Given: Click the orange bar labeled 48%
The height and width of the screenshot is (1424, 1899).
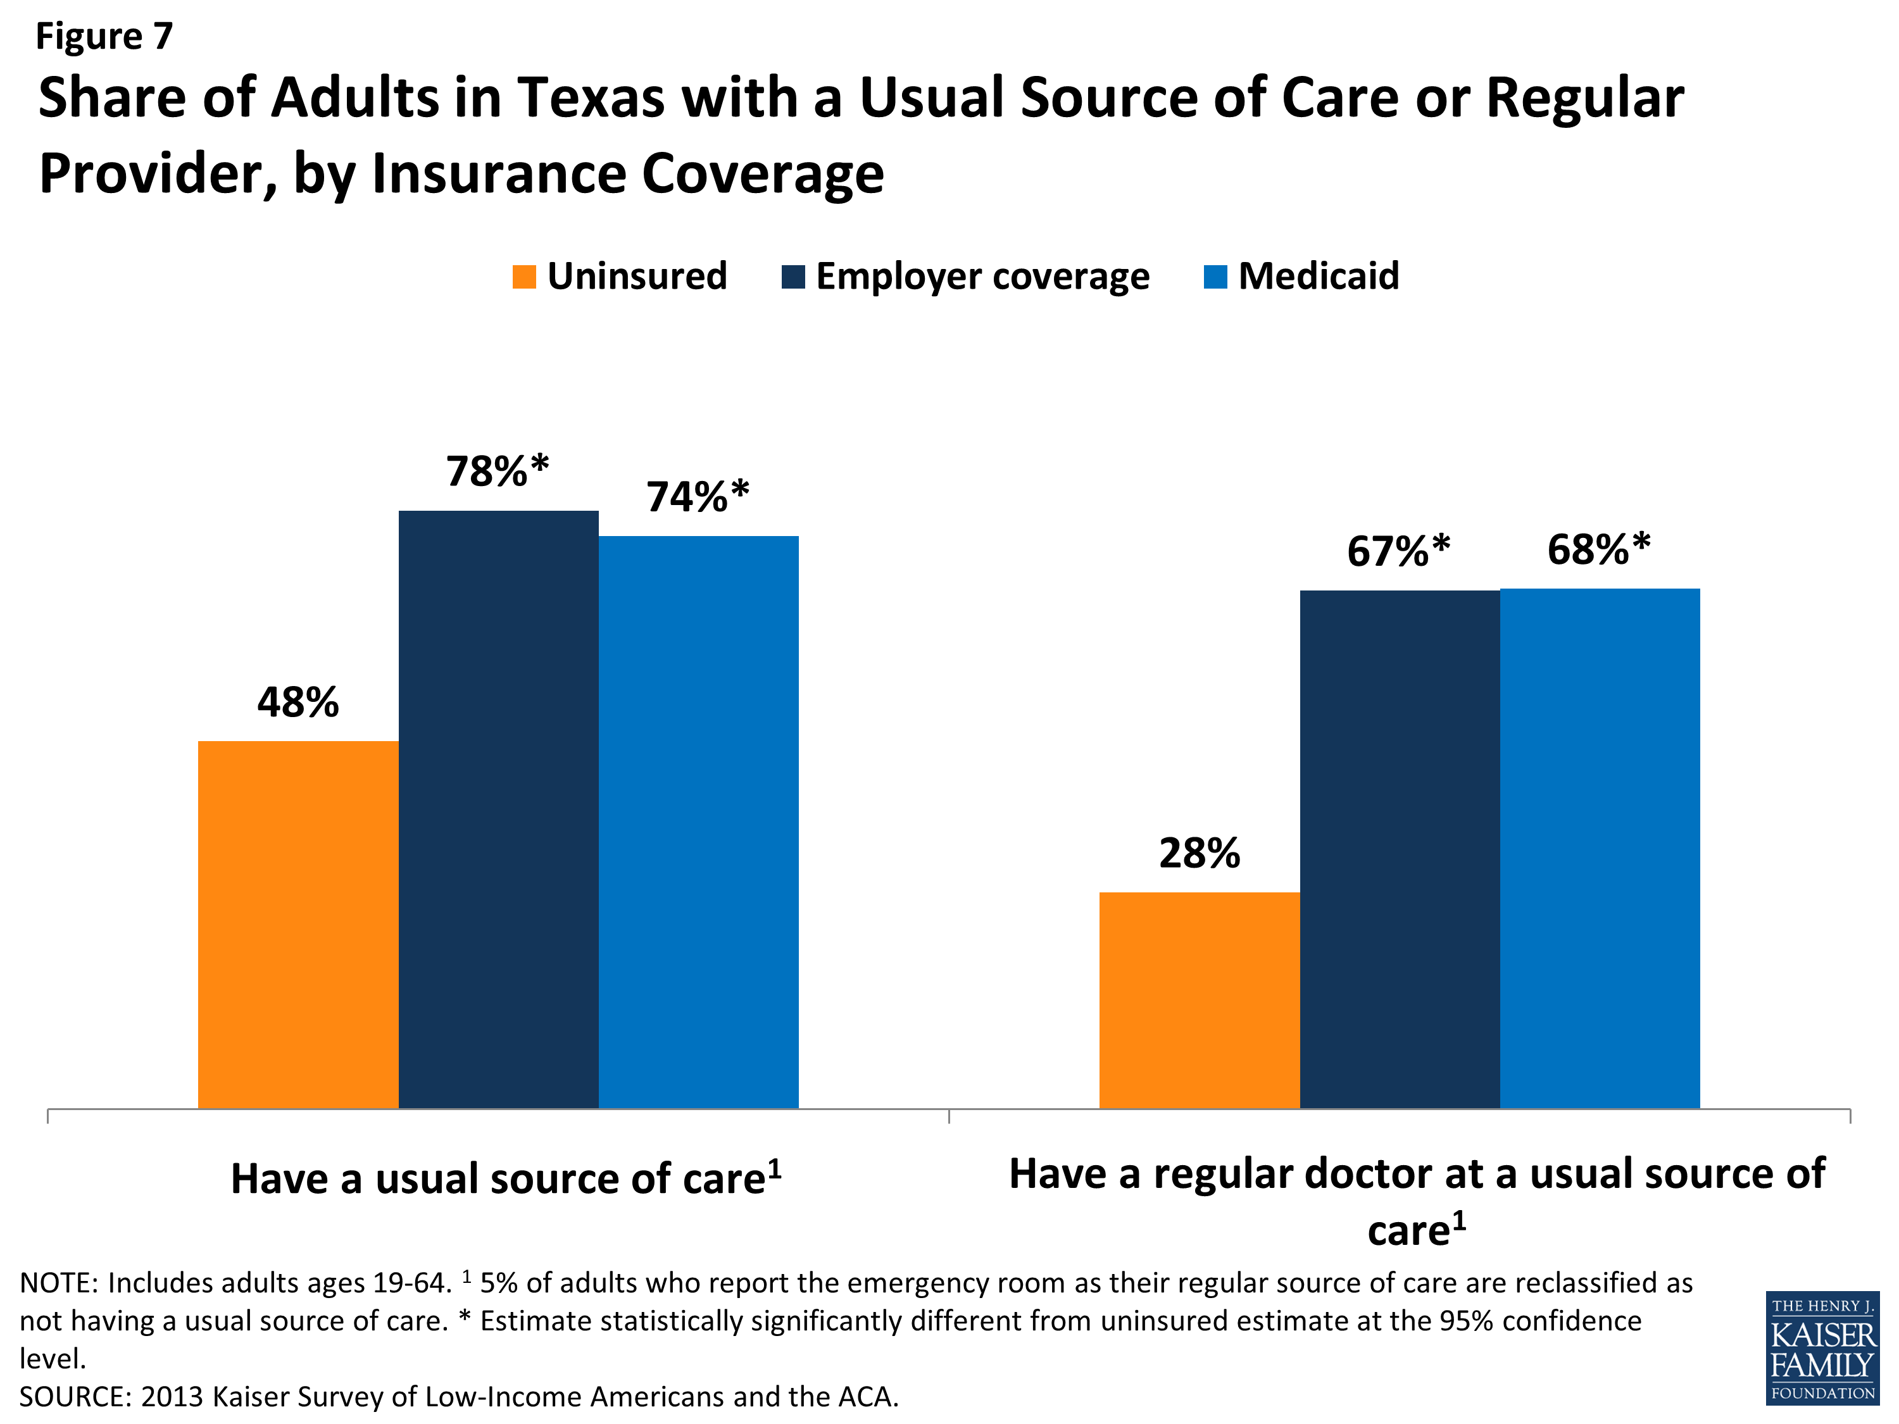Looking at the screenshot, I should [298, 925].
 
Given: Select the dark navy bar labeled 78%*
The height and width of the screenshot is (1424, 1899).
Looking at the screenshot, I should [498, 809].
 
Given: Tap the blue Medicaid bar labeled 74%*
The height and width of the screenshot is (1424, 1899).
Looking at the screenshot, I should [698, 821].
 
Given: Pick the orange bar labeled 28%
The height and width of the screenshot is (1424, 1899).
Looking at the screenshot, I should [1200, 1000].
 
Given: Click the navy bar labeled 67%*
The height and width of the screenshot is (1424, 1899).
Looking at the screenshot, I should [1400, 849].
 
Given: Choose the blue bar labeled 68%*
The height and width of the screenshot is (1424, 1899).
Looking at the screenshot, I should [1600, 848].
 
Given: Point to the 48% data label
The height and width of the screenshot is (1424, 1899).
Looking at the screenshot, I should [298, 702].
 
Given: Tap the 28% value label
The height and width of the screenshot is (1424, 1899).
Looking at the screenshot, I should [1200, 853].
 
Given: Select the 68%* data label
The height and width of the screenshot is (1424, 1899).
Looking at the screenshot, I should [1598, 549].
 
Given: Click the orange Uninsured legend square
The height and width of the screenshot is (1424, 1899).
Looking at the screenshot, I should [523, 277].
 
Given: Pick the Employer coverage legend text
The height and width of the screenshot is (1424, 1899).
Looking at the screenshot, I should [982, 277].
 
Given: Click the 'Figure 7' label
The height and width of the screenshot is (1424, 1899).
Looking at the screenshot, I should [104, 36].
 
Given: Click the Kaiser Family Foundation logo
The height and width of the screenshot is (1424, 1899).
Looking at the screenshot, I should [1822, 1347].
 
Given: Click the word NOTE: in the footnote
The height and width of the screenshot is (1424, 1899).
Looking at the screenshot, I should [58, 1282].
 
